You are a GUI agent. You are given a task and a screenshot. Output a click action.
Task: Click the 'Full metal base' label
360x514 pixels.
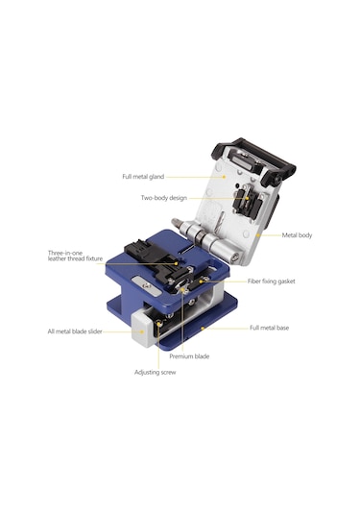270,328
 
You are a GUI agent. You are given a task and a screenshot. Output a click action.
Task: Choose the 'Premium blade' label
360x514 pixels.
189,356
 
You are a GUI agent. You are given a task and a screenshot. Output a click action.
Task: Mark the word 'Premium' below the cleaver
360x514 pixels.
181,356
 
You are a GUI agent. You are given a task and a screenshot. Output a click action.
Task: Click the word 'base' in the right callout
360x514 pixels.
283,328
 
